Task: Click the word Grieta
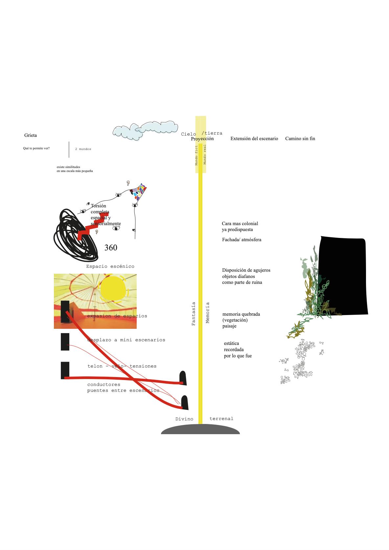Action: [31, 135]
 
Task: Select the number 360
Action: [111, 248]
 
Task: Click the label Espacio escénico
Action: [110, 266]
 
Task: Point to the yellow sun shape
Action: [112, 289]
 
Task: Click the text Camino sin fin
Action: [300, 138]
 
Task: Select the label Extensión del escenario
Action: [254, 138]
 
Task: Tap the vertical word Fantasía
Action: [194, 314]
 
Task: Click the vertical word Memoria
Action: [208, 312]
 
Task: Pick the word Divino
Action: [184, 419]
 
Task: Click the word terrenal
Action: [221, 419]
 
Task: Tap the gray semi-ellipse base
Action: [200, 430]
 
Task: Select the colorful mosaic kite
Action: [139, 192]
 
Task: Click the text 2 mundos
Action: [83, 149]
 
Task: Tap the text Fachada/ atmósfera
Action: [241, 240]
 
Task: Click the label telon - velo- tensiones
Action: [122, 366]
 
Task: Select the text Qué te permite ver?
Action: [36, 148]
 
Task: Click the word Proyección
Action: [202, 138]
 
